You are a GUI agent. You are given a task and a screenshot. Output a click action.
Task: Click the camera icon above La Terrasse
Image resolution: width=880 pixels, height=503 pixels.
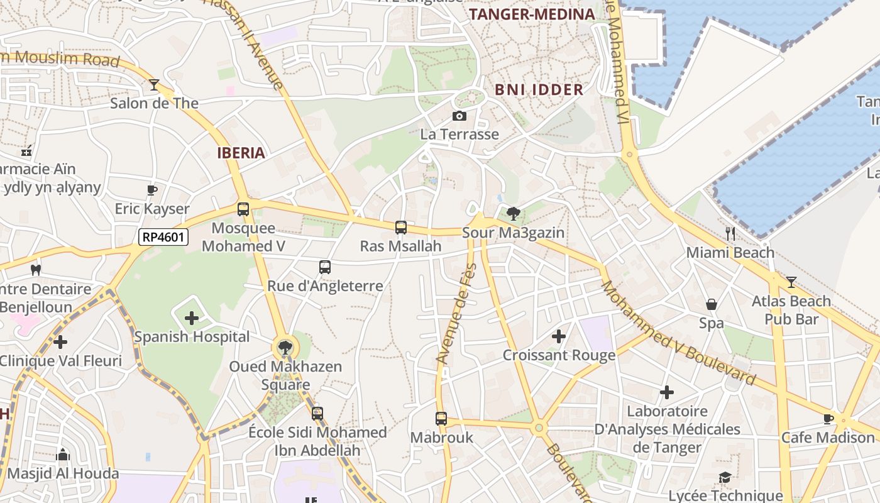point(459,116)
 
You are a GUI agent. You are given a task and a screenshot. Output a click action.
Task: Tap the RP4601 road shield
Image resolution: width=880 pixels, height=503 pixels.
point(163,237)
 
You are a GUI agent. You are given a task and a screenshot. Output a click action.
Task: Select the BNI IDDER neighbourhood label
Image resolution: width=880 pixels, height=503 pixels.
point(539,89)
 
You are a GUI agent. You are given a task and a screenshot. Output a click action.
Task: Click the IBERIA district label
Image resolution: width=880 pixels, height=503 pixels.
point(241,153)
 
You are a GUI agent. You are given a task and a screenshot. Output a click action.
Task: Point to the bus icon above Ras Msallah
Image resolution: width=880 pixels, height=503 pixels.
point(401,228)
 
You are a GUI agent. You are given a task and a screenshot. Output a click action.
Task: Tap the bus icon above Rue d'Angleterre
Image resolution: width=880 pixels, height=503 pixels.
point(325,267)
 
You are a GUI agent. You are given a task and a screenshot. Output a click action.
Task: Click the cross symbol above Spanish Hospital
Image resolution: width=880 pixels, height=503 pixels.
point(192,318)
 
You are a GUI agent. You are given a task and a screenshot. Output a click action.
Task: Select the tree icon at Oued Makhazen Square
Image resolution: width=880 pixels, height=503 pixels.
point(285,347)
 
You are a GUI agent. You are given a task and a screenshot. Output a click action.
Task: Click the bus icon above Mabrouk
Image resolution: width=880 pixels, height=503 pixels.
point(441,419)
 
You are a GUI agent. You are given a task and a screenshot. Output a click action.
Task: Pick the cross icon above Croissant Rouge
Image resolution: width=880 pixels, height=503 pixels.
point(559,336)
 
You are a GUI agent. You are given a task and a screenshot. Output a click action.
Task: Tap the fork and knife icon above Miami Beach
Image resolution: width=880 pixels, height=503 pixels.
point(730,234)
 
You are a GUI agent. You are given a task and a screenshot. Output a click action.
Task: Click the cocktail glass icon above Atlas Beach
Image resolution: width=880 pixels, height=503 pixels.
point(791,282)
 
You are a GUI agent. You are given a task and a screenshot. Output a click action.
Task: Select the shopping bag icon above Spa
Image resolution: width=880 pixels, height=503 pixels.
point(712,304)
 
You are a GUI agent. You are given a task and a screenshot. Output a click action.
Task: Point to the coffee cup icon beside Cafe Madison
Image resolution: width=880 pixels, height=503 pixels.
point(828,419)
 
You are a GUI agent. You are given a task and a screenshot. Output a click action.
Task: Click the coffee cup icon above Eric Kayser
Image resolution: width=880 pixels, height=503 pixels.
point(151,190)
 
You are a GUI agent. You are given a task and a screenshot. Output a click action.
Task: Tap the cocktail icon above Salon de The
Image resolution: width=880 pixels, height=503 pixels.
point(154,84)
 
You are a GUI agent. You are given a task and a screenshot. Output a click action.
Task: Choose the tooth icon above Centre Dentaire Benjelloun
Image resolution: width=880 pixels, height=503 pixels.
point(36,270)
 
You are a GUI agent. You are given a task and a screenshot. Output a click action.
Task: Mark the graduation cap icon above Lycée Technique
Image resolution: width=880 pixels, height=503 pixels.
point(725,477)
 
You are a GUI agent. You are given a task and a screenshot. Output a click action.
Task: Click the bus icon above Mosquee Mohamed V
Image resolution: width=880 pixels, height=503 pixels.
point(243,209)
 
